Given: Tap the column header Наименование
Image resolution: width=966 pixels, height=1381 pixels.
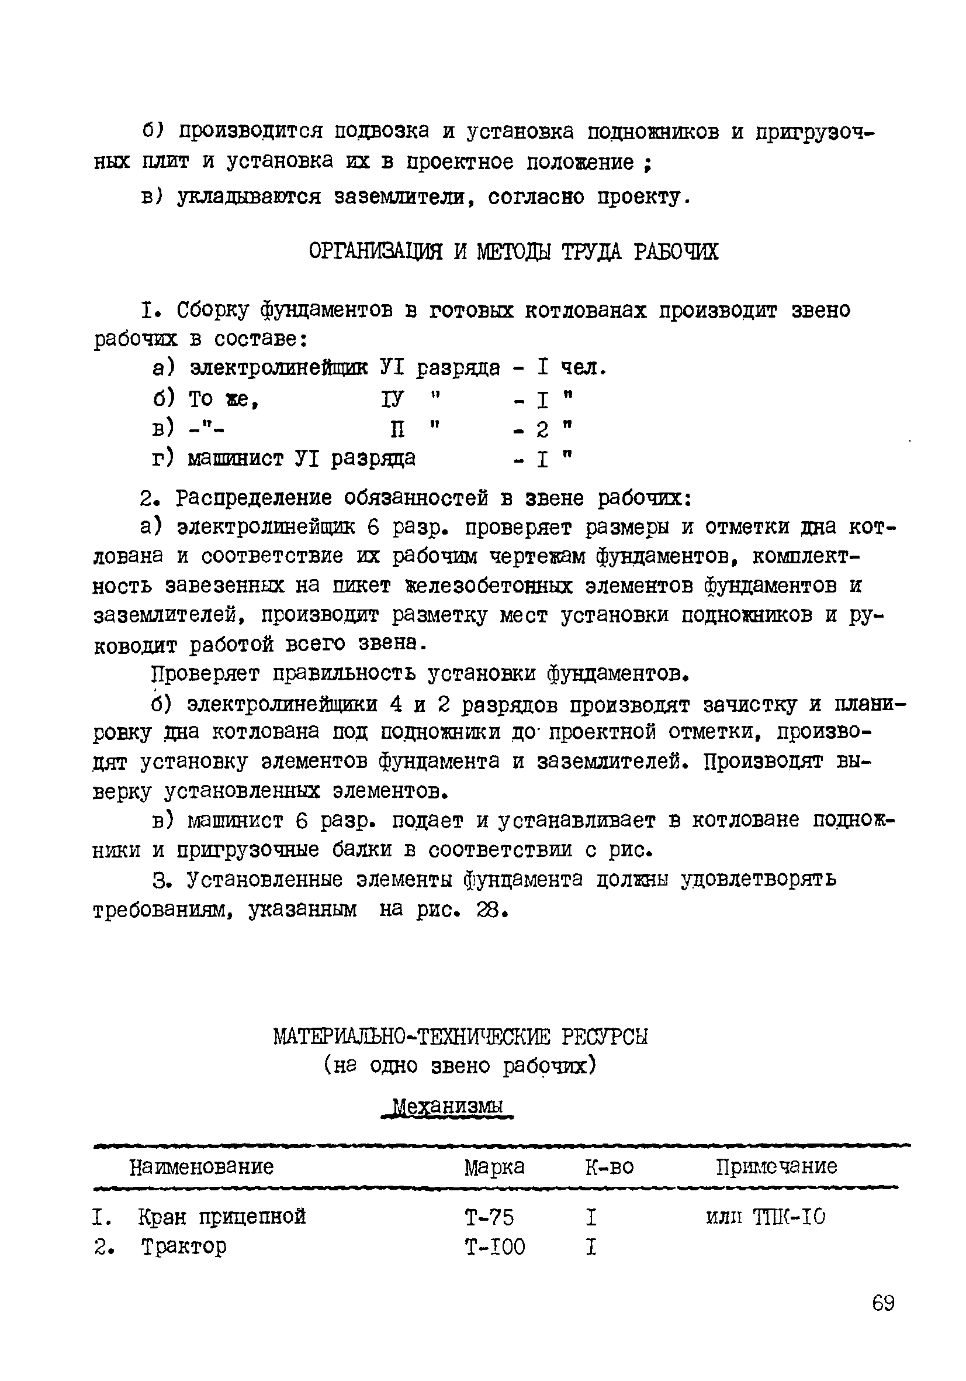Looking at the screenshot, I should [x=202, y=1166].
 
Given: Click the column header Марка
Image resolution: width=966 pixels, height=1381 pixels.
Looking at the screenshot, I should [x=494, y=1167].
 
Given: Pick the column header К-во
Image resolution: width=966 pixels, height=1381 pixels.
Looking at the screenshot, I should [x=609, y=1167].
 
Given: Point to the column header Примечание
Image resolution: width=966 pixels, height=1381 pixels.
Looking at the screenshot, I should [x=776, y=1166].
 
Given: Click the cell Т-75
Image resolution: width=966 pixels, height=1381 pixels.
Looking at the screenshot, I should [x=489, y=1217].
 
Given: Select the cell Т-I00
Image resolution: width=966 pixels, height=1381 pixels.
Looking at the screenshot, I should [x=495, y=1247].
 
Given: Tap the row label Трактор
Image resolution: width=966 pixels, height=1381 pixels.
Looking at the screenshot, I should [x=184, y=1246].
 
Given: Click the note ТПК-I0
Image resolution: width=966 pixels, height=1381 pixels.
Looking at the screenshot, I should [x=789, y=1217].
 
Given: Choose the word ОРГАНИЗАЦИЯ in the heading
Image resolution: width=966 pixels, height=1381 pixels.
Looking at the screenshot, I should [x=376, y=252].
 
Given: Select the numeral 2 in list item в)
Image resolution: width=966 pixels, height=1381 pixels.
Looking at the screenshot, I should [x=542, y=429].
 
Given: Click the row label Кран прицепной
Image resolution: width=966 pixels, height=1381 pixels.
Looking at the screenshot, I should [x=222, y=1217].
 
